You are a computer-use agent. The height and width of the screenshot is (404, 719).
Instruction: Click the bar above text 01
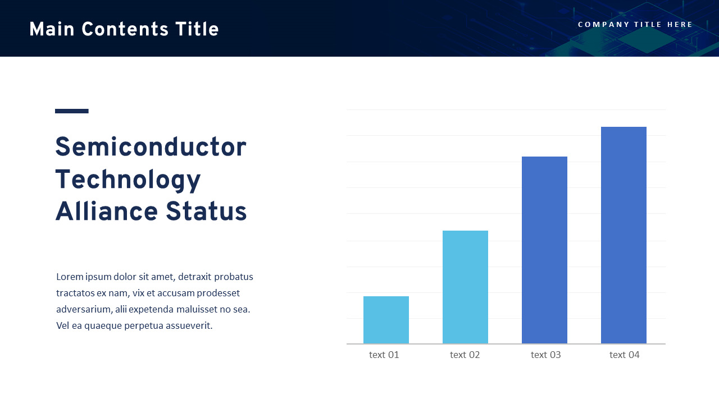pos(386,320)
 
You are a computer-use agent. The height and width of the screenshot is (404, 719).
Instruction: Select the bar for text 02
pos(465,287)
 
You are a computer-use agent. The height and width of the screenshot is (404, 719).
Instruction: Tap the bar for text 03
pos(544,250)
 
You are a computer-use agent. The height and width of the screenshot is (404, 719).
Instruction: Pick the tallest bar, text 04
pos(624,235)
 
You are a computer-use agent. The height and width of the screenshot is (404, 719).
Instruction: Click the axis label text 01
pos(384,355)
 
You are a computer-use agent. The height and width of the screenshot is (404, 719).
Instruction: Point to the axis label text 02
pos(465,355)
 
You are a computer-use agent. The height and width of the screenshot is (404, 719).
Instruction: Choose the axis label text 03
pos(546,355)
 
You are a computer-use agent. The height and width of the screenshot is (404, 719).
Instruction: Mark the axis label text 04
pos(625,355)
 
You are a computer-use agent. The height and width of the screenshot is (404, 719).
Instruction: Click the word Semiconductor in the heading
pos(151,148)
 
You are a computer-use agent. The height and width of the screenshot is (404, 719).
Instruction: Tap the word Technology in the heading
pos(128,180)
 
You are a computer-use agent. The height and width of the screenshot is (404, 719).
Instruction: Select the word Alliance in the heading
pos(106,212)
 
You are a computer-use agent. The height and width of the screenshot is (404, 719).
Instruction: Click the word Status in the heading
pos(206,212)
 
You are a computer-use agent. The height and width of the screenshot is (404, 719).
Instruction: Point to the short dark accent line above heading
pos(72,111)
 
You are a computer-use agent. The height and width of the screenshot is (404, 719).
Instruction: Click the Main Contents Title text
pos(124,30)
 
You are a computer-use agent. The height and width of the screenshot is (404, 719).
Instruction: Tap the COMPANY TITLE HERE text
pos(635,25)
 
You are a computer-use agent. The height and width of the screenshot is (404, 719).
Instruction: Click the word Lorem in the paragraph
pos(70,277)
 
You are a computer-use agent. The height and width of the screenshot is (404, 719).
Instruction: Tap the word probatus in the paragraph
pos(234,277)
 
